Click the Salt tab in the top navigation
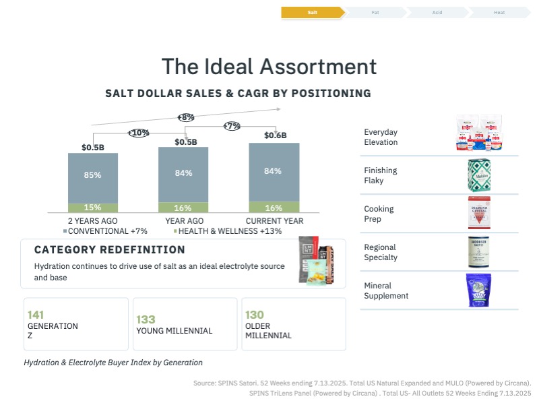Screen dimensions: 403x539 tap(312, 12)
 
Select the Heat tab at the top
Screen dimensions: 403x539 tap(499, 12)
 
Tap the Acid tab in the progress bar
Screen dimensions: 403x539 tap(437, 12)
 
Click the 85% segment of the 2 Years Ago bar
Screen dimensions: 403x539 tap(93, 175)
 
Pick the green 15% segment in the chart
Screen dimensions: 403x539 tap(93, 208)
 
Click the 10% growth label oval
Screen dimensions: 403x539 tap(139, 133)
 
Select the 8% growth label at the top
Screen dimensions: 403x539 tap(187, 117)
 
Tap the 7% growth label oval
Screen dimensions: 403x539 tap(232, 126)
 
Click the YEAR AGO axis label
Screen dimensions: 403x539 tap(185, 220)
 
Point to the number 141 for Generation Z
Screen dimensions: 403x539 tap(36, 315)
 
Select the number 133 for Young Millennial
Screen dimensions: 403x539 tap(146, 319)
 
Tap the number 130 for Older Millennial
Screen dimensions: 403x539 tap(255, 315)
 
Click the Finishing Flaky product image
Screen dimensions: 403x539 tap(479, 175)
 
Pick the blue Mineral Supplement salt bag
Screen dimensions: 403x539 tap(478, 290)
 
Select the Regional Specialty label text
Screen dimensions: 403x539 tap(381, 252)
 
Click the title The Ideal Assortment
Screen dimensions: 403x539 tap(269, 67)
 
